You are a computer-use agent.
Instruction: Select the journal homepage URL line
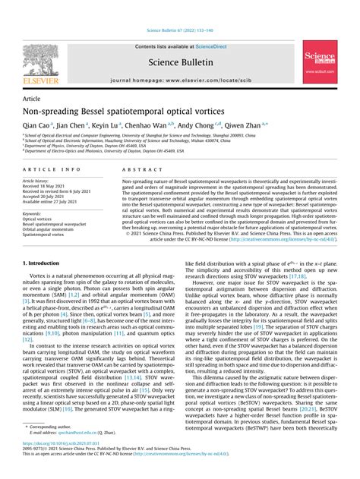coord(179,79)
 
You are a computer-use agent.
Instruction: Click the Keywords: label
coord(36,214)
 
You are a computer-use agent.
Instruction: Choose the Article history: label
coord(40,182)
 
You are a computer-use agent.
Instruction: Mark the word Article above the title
coord(33,99)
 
